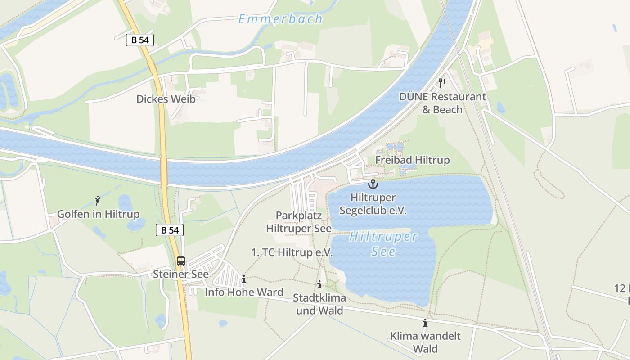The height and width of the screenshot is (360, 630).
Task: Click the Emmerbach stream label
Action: pos(280,19)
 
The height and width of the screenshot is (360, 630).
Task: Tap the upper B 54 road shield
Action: pos(140,40)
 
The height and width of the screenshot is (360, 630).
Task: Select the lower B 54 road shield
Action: pos(170,230)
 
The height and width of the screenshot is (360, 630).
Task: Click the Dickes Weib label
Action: pos(166,99)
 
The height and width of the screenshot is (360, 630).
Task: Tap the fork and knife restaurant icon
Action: pos(442,83)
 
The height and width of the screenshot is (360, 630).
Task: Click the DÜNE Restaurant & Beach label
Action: pos(442,103)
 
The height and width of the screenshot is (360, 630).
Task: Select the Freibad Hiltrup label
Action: pos(412,160)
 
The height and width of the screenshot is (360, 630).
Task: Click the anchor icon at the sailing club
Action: pos(373,184)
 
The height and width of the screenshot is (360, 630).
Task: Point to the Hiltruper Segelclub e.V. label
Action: pos(373,204)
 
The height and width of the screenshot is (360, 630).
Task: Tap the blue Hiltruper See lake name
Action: pos(384,243)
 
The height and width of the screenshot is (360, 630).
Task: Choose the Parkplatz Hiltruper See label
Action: pos(299,222)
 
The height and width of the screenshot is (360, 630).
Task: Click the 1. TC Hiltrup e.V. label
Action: pos(292,252)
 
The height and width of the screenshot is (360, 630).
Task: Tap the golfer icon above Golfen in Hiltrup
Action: pos(98,201)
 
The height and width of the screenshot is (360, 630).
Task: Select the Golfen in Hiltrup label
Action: pos(98,214)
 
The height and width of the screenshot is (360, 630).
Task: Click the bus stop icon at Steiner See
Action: pos(181,261)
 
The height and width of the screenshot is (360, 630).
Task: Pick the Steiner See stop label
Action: pos(181,274)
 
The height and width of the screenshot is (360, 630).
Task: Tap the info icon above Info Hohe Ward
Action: pos(244,279)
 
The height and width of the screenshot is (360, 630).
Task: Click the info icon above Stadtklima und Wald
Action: pos(319,285)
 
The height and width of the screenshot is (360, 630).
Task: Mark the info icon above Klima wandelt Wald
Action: pos(425,323)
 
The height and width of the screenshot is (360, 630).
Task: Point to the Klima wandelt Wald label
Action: pos(425,342)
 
